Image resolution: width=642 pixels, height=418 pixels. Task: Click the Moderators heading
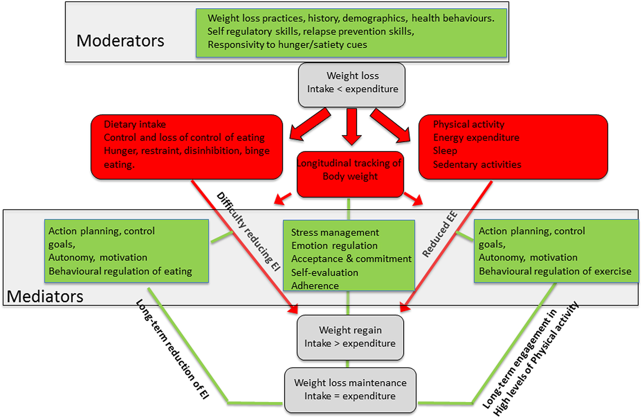point(120,41)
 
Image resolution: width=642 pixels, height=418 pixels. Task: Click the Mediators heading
point(45,297)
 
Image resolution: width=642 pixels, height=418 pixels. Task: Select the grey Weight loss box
point(352,85)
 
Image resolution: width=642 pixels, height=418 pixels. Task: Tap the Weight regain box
point(350,337)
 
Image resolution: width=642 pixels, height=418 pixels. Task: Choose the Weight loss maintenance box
point(350,390)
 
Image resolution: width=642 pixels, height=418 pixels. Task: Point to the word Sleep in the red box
point(445,151)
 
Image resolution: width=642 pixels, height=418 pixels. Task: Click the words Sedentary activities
point(477,164)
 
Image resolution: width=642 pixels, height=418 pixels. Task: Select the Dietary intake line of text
point(135,124)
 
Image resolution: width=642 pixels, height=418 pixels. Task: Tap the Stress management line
point(335,232)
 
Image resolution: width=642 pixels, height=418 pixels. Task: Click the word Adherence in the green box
point(315,286)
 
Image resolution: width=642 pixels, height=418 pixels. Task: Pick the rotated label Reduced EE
point(440,234)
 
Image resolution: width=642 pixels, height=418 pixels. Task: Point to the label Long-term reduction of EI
point(172,349)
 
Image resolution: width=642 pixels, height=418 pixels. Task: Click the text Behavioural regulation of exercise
point(555,271)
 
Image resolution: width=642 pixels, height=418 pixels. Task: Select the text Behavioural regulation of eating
point(120,271)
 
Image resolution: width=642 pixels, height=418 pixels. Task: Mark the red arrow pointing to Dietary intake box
point(310,125)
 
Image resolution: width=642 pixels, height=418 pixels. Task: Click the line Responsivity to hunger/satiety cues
point(287,45)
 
